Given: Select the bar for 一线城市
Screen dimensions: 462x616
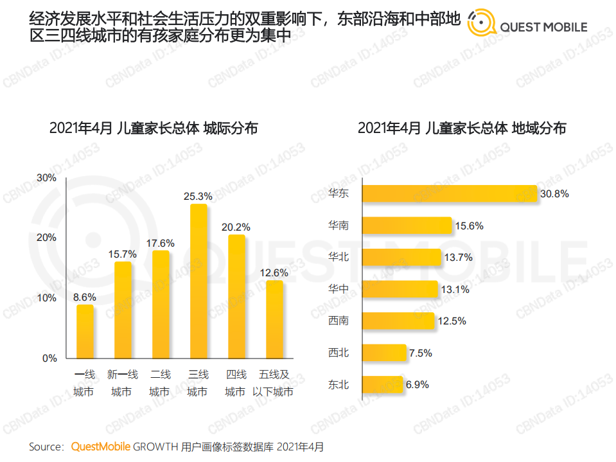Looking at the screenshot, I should [85, 332].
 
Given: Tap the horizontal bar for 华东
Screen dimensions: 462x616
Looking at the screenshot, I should [449, 193].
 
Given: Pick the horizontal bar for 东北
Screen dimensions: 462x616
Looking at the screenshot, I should [382, 385].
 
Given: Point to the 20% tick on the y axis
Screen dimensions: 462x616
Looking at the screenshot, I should [47, 238].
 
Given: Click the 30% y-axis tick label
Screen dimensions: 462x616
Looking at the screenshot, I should [47, 177].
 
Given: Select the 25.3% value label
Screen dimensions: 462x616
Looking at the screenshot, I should [198, 196].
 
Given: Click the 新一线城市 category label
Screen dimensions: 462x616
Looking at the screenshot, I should [122, 383].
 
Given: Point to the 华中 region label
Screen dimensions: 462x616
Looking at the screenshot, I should [338, 289].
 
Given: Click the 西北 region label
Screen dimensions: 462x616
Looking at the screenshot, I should [338, 353].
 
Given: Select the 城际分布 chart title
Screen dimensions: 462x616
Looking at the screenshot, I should [154, 128].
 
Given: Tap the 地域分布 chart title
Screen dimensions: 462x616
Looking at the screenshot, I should [462, 128].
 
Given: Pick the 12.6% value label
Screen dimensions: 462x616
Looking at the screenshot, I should [274, 272].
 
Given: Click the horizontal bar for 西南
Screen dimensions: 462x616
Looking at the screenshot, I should [399, 321].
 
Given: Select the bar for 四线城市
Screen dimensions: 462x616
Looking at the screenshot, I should [236, 297].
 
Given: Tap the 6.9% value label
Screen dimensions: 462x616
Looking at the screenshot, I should [417, 385].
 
